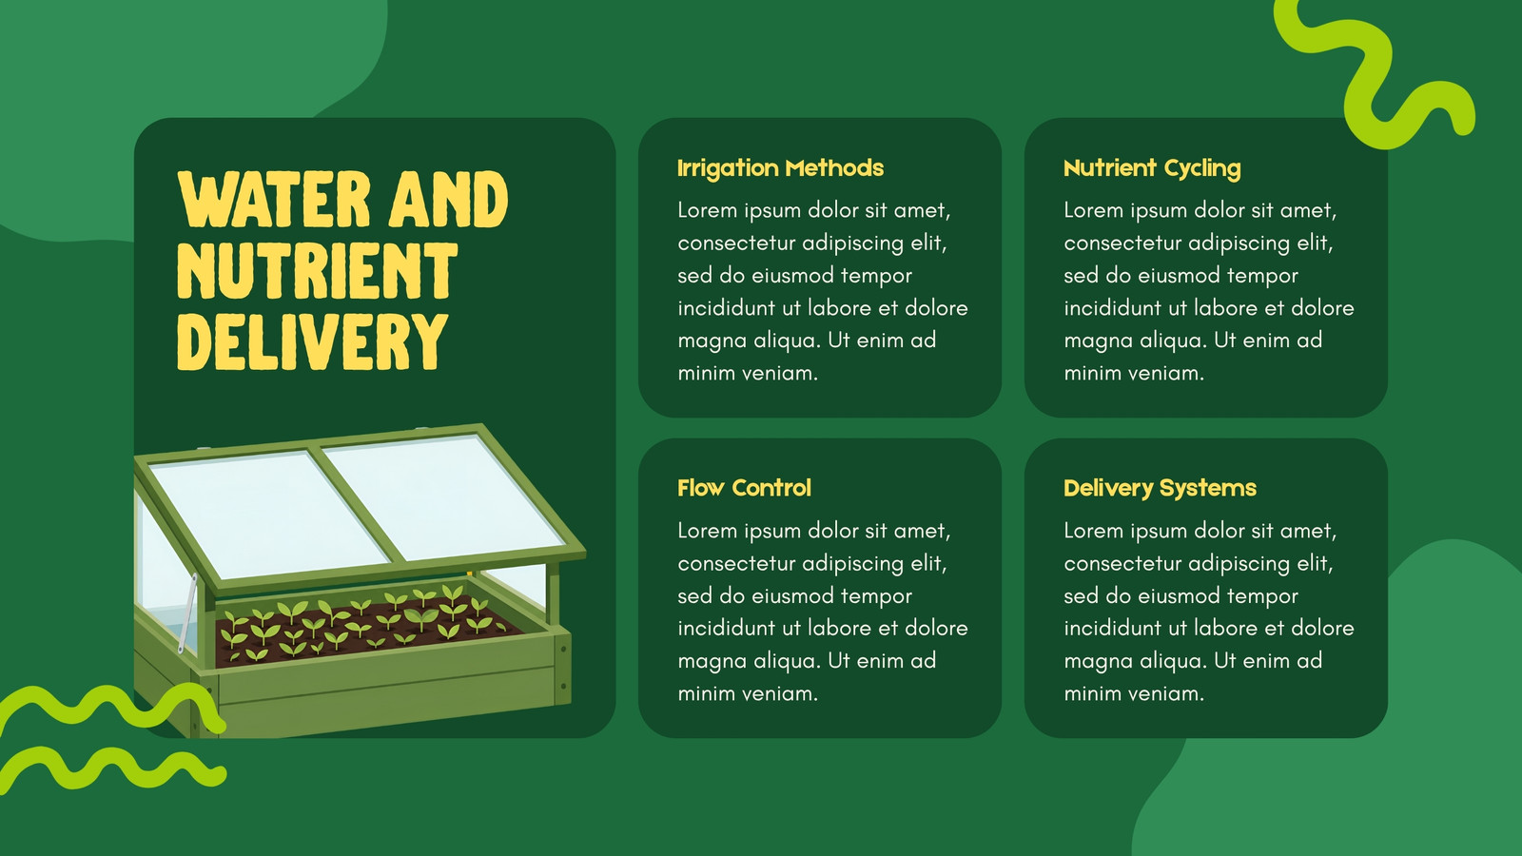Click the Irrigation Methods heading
(x=780, y=167)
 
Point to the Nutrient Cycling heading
(x=1152, y=168)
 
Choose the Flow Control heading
(x=744, y=488)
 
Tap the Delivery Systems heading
(x=1160, y=489)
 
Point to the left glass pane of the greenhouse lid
(x=268, y=513)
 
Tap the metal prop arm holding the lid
(x=187, y=613)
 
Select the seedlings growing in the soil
(x=363, y=622)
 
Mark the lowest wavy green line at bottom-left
(x=113, y=769)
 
